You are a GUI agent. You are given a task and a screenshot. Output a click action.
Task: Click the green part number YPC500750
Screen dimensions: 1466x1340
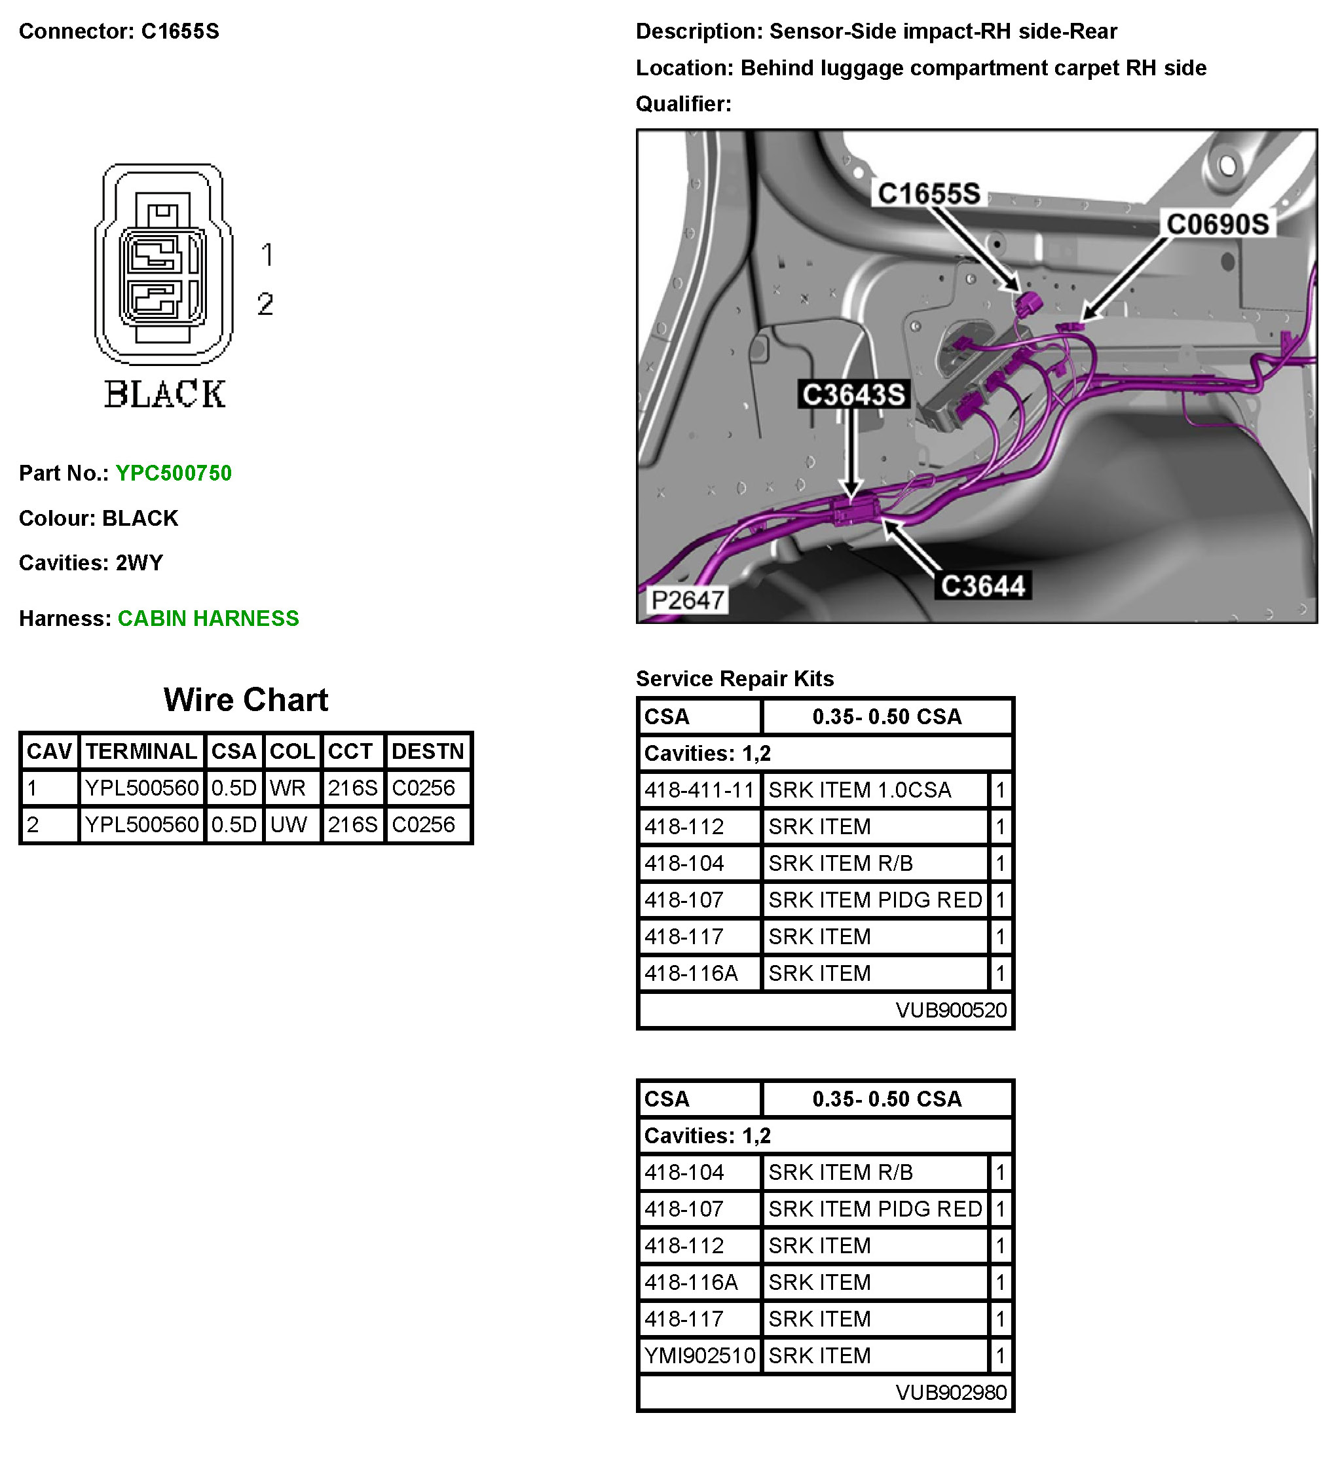pyautogui.click(x=173, y=473)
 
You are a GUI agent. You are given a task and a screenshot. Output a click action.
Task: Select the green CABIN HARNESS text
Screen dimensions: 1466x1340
pyautogui.click(x=208, y=619)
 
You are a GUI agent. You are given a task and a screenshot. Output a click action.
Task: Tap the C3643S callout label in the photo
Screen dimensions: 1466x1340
pyautogui.click(x=853, y=395)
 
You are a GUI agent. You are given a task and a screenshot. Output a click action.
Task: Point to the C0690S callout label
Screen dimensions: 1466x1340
pyautogui.click(x=1217, y=224)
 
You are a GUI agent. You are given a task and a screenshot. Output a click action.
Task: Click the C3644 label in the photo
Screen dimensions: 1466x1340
pyautogui.click(x=982, y=586)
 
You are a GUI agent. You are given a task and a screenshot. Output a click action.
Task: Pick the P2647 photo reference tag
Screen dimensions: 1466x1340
pyautogui.click(x=688, y=600)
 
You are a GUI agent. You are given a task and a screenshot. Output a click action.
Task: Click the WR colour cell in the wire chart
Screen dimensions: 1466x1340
pyautogui.click(x=288, y=788)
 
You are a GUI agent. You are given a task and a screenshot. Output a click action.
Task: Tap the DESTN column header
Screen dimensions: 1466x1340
pyautogui.click(x=428, y=751)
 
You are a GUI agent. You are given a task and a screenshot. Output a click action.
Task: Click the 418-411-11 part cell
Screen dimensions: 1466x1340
pyautogui.click(x=699, y=790)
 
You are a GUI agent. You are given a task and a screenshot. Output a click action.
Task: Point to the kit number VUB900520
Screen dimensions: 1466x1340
pyautogui.click(x=951, y=1011)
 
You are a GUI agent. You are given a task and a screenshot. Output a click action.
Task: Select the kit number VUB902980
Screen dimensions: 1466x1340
pyautogui.click(x=951, y=1393)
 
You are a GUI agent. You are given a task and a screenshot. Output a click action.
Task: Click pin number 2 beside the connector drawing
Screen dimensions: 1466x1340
pyautogui.click(x=265, y=304)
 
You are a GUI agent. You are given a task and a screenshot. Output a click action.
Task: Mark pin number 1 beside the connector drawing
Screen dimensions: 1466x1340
pyautogui.click(x=267, y=255)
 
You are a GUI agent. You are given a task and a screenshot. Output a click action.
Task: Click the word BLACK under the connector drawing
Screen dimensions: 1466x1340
pyautogui.click(x=165, y=395)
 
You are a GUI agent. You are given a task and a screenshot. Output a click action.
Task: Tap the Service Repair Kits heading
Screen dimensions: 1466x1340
pyautogui.click(x=735, y=679)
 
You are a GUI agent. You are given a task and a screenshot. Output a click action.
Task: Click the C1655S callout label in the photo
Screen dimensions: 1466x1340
pyautogui.click(x=929, y=193)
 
